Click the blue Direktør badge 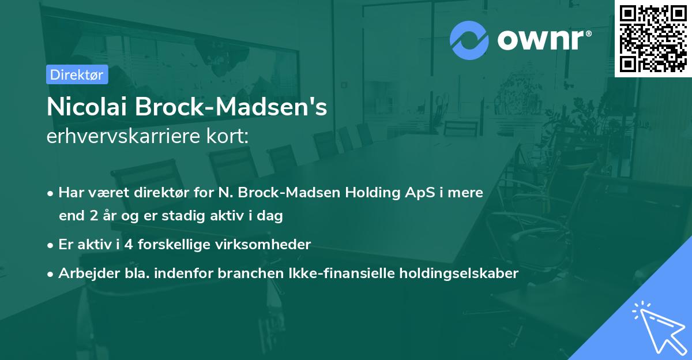pos(77,74)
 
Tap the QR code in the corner pos(653,39)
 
